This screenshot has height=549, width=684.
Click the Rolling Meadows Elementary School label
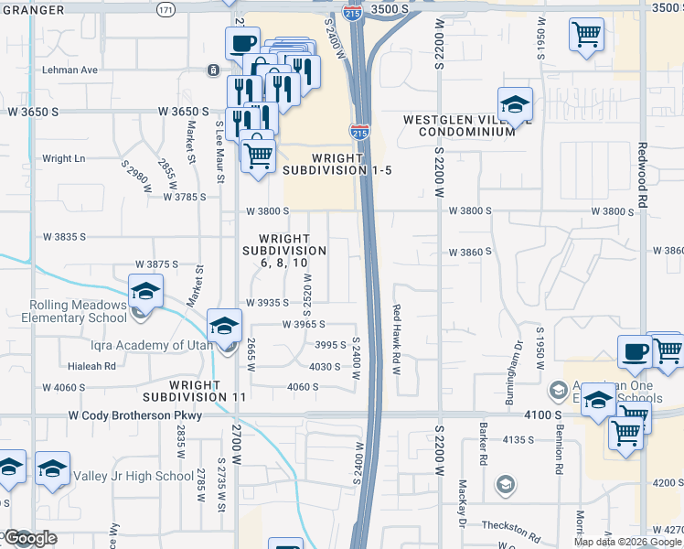[64, 311]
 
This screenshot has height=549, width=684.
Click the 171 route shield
[165, 9]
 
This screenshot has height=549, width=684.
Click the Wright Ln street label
[63, 158]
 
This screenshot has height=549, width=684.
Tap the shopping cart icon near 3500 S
[586, 35]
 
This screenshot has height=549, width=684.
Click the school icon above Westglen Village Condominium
[515, 103]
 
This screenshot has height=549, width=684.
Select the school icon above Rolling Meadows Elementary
[144, 291]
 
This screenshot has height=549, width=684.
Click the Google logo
[31, 538]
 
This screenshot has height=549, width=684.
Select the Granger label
[33, 9]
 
